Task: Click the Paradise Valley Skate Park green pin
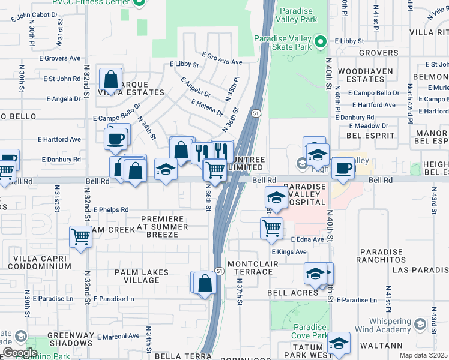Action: pyautogui.click(x=321, y=41)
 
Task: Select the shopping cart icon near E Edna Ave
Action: pyautogui.click(x=271, y=228)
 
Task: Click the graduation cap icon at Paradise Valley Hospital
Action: pyautogui.click(x=276, y=197)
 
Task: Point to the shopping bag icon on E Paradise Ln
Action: pyautogui.click(x=205, y=283)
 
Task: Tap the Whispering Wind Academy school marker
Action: pyautogui.click(x=421, y=325)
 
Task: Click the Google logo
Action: pyautogui.click(x=19, y=352)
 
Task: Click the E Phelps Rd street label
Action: pyautogui.click(x=110, y=209)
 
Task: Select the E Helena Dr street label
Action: pyautogui.click(x=206, y=108)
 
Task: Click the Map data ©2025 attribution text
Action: pyautogui.click(x=423, y=355)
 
